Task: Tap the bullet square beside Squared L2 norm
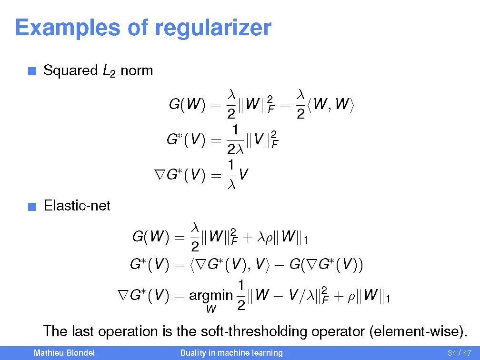(x=31, y=72)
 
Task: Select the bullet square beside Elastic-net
(x=31, y=207)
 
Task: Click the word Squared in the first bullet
(x=70, y=71)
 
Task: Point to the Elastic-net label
(x=77, y=206)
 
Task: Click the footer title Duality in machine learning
(x=231, y=353)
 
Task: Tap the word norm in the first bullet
(x=137, y=71)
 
